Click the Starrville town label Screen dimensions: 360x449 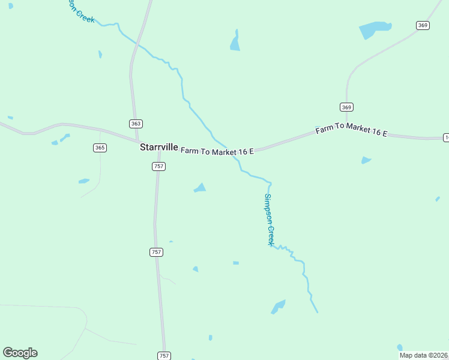(158, 147)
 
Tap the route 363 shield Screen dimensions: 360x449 (136, 123)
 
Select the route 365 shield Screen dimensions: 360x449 (100, 148)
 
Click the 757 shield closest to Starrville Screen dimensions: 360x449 (158, 166)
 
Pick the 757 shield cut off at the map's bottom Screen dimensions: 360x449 (164, 356)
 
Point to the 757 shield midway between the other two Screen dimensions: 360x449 (156, 253)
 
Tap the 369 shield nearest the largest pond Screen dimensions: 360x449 (423, 25)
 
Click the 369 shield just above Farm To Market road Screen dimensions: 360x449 (346, 107)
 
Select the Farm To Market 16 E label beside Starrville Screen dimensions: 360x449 (217, 152)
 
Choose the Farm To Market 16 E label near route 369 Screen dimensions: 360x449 (352, 131)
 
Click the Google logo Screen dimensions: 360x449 (20, 353)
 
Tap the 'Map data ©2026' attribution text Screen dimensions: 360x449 (424, 355)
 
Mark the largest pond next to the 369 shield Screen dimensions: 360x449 (375, 29)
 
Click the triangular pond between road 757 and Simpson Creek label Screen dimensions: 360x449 (200, 188)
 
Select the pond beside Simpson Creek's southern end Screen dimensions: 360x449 (278, 307)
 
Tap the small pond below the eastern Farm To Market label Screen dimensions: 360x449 (366, 160)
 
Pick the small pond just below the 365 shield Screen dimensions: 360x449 (84, 181)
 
